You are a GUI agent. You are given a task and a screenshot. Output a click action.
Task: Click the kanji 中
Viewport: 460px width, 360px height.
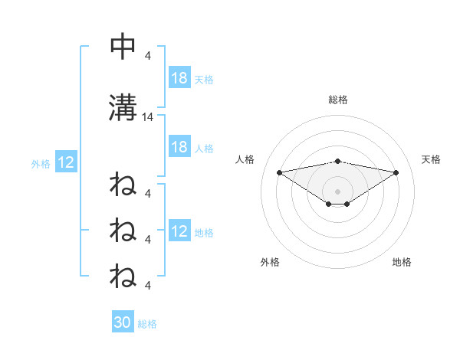[x=122, y=46]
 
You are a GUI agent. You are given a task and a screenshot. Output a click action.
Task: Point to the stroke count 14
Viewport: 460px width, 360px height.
[x=148, y=117]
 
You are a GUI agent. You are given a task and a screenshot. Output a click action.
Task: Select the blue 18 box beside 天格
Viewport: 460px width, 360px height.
[x=179, y=78]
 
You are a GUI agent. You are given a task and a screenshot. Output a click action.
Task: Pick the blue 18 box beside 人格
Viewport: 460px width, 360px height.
[x=179, y=147]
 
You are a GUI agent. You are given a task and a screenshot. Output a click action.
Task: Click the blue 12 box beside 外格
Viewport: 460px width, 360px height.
[x=65, y=162]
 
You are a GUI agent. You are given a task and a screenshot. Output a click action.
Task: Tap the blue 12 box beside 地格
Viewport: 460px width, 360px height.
[x=179, y=232]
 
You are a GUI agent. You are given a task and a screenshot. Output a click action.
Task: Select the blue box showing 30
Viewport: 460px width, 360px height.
[x=123, y=322]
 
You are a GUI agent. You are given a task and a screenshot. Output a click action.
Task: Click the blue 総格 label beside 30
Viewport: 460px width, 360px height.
[x=147, y=324]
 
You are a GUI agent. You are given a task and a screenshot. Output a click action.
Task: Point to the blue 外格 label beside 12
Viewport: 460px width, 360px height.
[x=40, y=163]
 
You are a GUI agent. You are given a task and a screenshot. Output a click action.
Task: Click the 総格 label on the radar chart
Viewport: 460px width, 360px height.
[x=338, y=100]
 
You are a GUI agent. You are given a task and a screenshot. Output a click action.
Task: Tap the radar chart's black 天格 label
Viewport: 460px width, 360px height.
[x=431, y=159]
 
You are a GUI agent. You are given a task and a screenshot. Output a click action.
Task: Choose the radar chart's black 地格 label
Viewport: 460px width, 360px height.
[x=402, y=262]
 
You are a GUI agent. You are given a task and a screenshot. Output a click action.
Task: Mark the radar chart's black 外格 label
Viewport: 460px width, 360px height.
[x=270, y=262]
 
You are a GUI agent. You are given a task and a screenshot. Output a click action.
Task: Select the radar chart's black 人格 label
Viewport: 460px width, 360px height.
[x=245, y=159]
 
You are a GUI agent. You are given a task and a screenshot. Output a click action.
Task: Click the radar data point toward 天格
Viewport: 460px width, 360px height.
[x=396, y=172]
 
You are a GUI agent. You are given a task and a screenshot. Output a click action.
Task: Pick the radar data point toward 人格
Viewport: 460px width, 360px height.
[x=279, y=172]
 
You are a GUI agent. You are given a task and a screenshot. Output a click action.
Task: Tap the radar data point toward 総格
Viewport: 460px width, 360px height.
[x=338, y=161]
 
